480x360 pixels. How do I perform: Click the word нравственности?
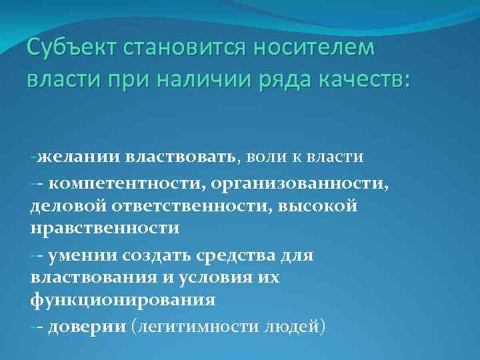point(105,228)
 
